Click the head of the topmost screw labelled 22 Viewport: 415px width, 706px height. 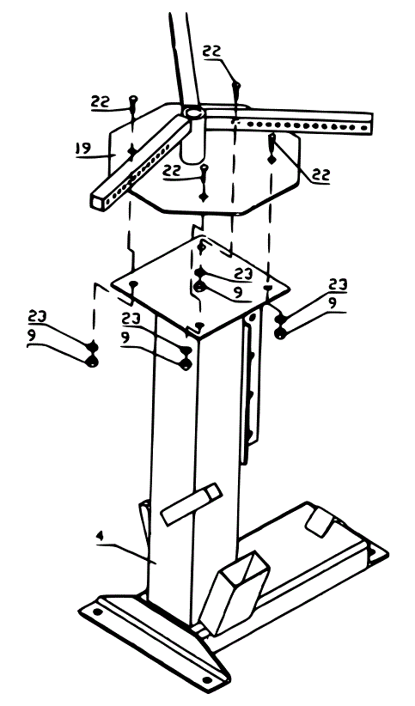click(235, 83)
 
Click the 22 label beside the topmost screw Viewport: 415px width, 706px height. click(212, 52)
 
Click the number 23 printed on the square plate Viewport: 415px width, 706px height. click(243, 274)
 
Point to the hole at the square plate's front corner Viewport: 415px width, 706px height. click(198, 325)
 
